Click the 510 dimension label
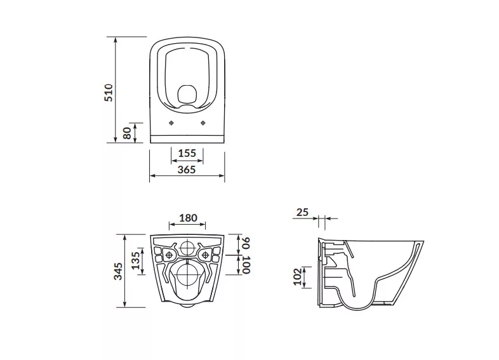(109, 93)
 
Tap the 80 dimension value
(127, 133)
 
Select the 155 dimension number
(187, 153)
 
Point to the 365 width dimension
(187, 170)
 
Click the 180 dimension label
(188, 218)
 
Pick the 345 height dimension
(118, 271)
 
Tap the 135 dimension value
(136, 260)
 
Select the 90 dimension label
(246, 243)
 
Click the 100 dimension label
(246, 265)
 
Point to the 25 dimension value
(302, 212)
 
